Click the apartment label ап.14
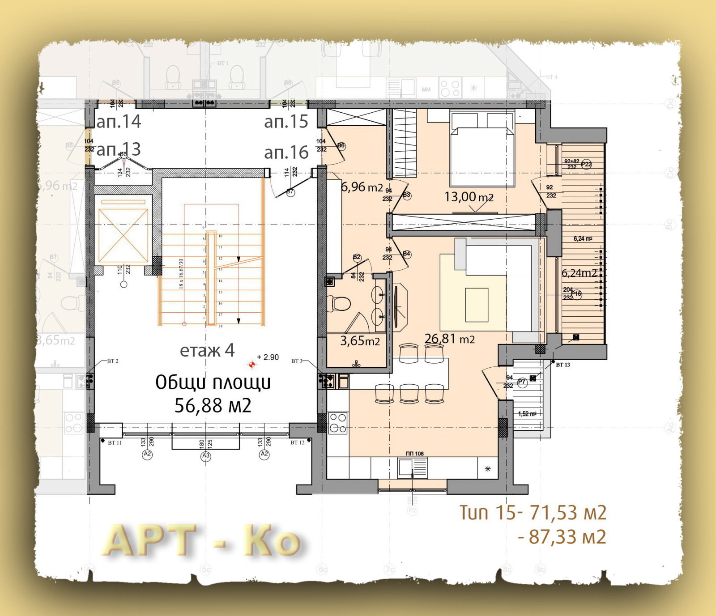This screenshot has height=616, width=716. [119, 122]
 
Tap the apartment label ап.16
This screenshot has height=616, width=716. [286, 153]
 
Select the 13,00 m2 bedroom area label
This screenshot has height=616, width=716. [469, 197]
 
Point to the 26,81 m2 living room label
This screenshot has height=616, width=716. [449, 339]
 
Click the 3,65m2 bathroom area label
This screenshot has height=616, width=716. [360, 341]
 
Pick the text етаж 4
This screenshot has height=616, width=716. [207, 350]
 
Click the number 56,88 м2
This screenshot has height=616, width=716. [213, 406]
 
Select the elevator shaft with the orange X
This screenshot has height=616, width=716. [123, 235]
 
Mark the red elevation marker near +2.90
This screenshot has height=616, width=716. [252, 365]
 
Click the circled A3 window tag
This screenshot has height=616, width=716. [205, 456]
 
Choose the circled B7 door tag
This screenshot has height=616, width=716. [290, 192]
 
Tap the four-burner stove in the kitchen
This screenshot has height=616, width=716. [338, 423]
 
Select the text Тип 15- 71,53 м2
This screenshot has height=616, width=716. [533, 513]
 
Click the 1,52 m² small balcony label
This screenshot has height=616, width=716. [527, 414]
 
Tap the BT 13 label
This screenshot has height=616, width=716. [563, 365]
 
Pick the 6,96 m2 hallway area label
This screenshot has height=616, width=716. [362, 187]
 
